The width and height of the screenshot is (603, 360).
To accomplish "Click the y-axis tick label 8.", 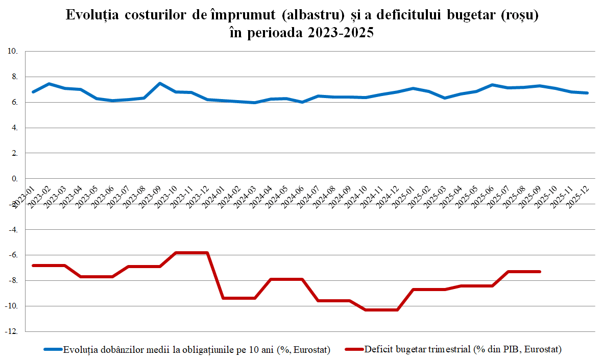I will [14, 77].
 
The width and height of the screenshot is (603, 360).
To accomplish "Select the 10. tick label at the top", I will [12, 51].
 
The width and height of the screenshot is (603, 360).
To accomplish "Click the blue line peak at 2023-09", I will [160, 83].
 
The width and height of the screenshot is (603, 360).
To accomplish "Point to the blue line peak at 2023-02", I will [49, 84].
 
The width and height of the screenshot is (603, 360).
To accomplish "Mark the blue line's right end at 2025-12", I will [588, 93].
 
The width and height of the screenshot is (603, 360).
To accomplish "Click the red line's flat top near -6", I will [191, 253].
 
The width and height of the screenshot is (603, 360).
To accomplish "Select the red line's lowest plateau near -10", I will [381, 310].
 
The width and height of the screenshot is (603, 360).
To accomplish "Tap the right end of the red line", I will [540, 272].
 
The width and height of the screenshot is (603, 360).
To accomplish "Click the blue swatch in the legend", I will [53, 350].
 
